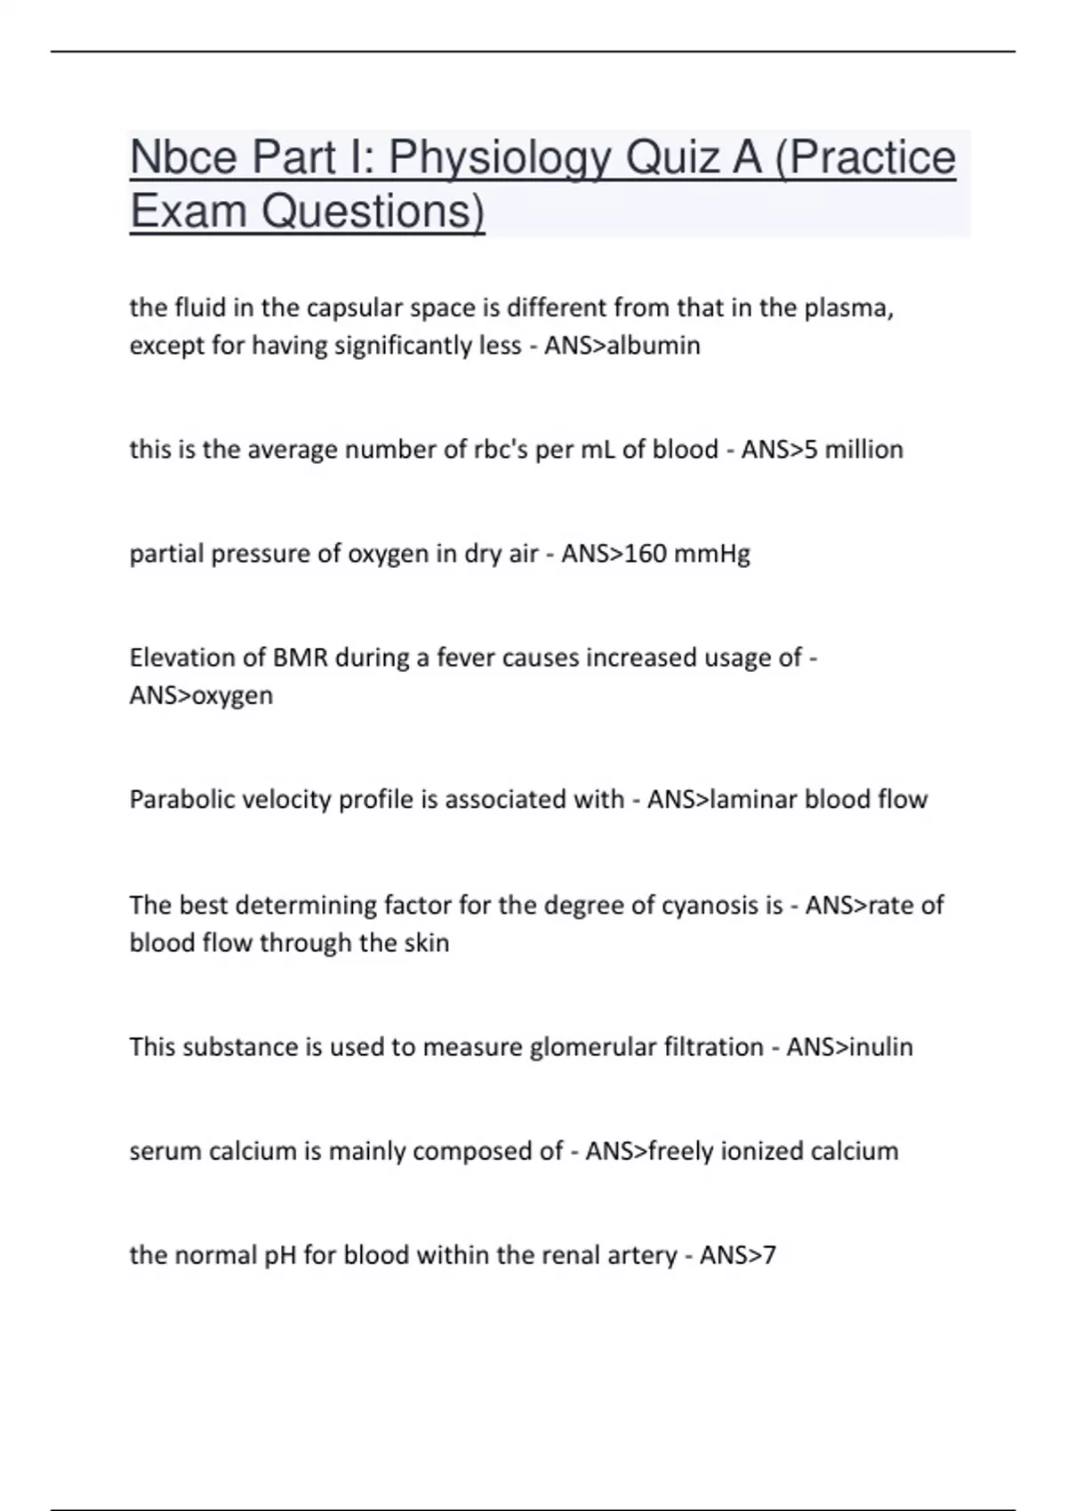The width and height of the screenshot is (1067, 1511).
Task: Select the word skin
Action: (427, 942)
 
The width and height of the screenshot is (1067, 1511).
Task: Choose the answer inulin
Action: (881, 1047)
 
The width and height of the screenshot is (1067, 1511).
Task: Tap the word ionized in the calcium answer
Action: (748, 1152)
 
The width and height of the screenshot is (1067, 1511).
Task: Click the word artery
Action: (641, 1256)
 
